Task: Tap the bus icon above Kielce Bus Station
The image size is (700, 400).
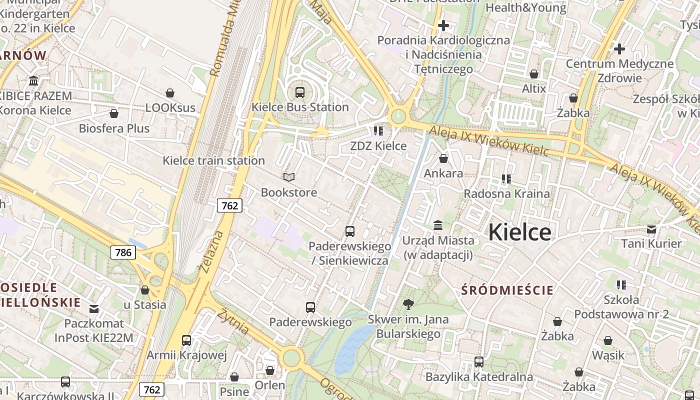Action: (x=300, y=92)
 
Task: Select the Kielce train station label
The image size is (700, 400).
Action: (x=213, y=160)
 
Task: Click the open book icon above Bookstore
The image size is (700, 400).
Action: (x=289, y=177)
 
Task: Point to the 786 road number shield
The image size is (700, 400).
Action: (x=123, y=252)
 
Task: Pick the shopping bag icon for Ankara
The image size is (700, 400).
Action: (x=443, y=159)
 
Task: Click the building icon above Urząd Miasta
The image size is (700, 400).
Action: (x=438, y=225)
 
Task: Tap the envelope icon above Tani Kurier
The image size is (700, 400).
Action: (x=651, y=229)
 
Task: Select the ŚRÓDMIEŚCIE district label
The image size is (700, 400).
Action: (x=507, y=290)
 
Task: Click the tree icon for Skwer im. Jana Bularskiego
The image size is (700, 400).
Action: (x=408, y=304)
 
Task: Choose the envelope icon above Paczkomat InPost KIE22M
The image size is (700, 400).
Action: (x=94, y=308)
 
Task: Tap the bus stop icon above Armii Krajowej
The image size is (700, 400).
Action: (x=186, y=340)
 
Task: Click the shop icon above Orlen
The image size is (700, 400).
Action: (x=270, y=370)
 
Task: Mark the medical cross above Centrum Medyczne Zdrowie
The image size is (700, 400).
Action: (x=619, y=49)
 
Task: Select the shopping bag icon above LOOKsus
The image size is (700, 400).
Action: (x=170, y=93)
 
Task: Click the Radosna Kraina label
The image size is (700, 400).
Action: (x=506, y=193)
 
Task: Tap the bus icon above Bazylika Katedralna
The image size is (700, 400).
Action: (x=479, y=361)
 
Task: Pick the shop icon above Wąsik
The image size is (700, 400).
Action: (x=608, y=340)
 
